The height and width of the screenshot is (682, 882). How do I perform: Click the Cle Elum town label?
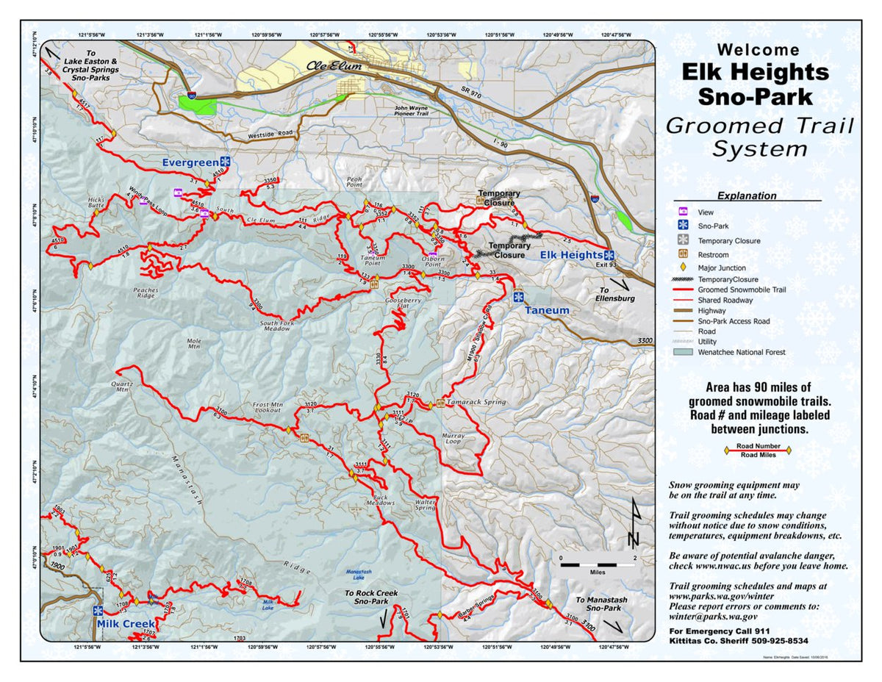point(334,66)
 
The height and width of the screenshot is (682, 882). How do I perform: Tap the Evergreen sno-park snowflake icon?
point(226,161)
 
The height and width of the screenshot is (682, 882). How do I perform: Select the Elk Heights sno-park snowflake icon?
point(609,255)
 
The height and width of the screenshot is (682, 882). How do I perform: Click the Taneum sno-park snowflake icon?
point(518,297)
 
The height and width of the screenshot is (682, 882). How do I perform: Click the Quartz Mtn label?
point(121,387)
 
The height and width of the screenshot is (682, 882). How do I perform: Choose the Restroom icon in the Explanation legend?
point(682,254)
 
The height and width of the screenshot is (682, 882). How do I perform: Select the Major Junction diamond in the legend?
point(682,268)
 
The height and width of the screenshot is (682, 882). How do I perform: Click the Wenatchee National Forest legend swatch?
point(682,352)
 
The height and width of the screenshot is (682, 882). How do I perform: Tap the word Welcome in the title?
point(758,50)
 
